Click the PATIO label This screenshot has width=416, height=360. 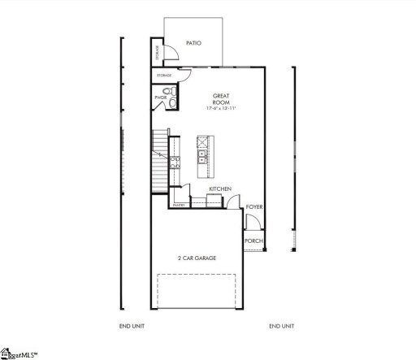[x=193, y=43]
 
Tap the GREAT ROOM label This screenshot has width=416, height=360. [x=221, y=99]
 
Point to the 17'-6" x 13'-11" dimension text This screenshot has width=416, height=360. [x=221, y=109]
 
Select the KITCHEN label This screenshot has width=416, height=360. [x=220, y=189]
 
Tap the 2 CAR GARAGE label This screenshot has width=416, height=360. [x=197, y=258]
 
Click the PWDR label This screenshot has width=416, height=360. [x=160, y=98]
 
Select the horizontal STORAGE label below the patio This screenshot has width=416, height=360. [x=165, y=76]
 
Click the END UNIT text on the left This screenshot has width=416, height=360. [x=132, y=326]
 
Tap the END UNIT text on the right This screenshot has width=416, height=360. [x=282, y=326]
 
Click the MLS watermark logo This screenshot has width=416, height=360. [x=19, y=353]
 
